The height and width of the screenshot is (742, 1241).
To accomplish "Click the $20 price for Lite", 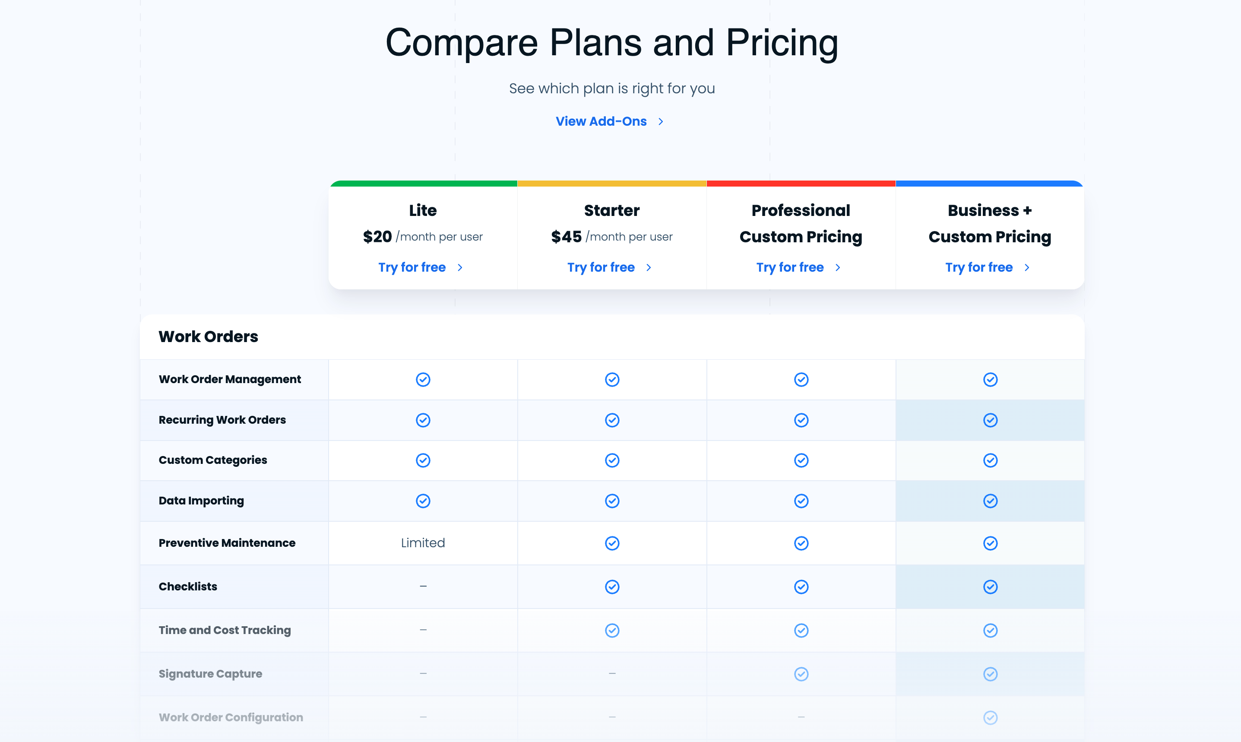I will [377, 237].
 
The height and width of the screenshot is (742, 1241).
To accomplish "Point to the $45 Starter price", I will [566, 237].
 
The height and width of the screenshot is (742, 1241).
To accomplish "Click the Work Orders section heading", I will [209, 336].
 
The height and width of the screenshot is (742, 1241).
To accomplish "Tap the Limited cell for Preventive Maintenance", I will [423, 543].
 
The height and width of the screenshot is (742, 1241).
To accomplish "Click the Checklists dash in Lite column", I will [423, 586].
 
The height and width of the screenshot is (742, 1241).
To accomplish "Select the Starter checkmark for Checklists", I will [612, 587].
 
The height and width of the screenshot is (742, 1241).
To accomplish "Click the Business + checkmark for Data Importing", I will [990, 501].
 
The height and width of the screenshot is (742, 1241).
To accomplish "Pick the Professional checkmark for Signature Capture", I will [801, 674].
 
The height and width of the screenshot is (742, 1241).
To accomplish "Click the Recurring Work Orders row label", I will [222, 420].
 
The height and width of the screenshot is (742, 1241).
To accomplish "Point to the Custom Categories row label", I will [213, 460].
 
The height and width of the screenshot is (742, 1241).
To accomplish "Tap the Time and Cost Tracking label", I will [225, 630].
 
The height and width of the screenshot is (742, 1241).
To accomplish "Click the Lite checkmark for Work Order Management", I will [423, 380].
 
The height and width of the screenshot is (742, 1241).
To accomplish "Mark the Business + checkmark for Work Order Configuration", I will [990, 717].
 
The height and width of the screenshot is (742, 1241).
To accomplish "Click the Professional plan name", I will [801, 210].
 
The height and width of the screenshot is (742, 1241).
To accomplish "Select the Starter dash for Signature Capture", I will [612, 673].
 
